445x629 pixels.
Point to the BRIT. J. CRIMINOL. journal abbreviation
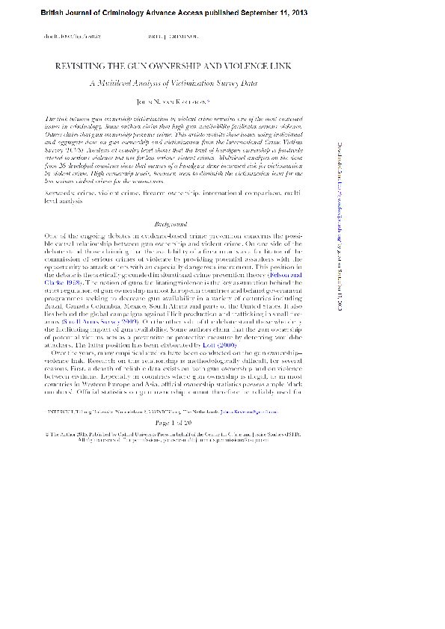click(173, 36)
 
